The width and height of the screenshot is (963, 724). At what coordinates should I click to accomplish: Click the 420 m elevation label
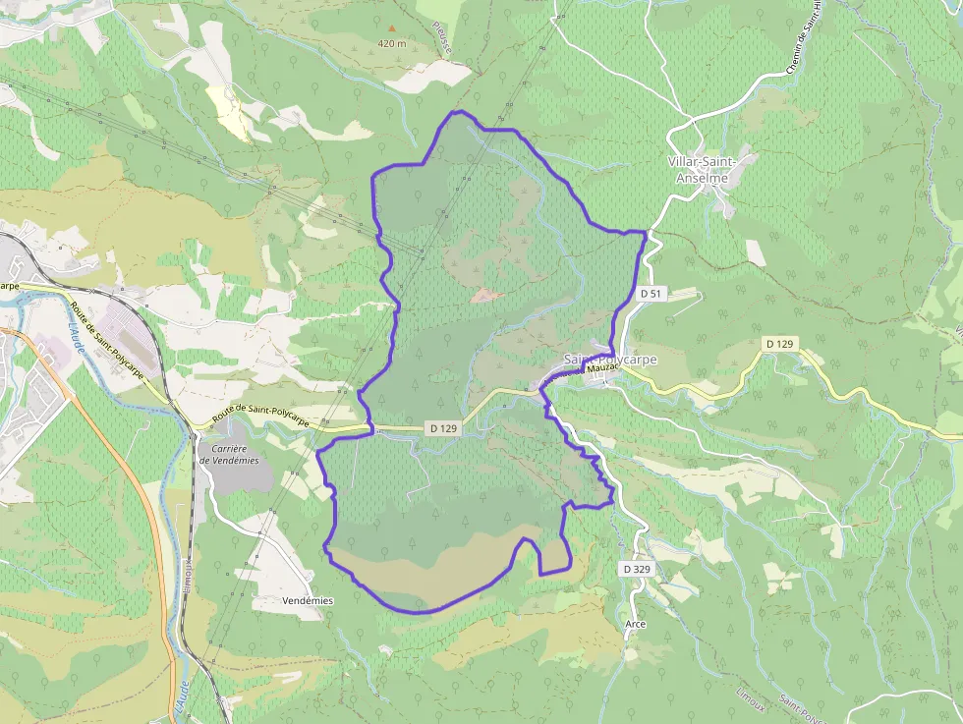(391, 44)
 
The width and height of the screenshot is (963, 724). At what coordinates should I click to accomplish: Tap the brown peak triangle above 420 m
(392, 29)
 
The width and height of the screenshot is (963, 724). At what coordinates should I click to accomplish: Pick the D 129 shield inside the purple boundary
(444, 428)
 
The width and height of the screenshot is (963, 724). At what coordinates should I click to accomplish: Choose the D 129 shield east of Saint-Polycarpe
(780, 344)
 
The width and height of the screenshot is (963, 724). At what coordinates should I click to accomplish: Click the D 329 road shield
(637, 569)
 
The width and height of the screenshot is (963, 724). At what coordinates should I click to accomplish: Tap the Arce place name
(635, 624)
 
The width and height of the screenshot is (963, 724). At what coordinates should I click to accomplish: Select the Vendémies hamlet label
(308, 600)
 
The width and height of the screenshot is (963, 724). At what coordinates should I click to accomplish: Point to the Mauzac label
(599, 368)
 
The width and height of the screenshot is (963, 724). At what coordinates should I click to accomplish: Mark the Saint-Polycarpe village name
(611, 360)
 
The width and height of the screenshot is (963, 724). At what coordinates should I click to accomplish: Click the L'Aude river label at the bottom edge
(181, 699)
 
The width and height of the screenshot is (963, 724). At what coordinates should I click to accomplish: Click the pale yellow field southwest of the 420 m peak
(233, 117)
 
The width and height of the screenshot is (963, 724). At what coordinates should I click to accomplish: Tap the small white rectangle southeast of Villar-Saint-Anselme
(755, 252)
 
